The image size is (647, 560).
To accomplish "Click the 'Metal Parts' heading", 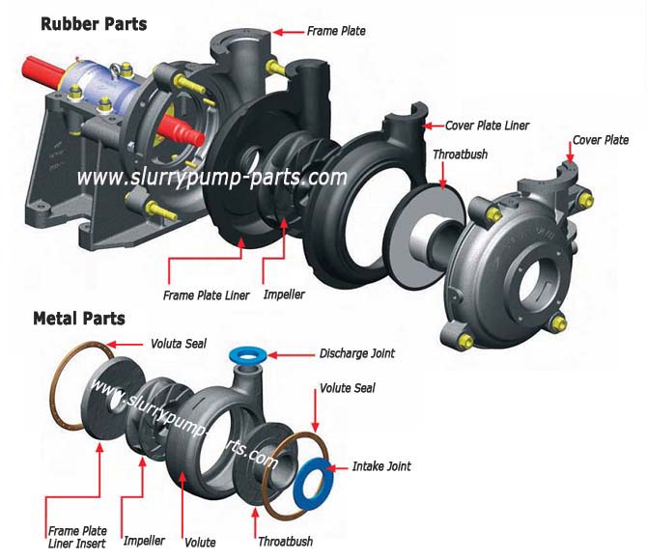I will coord(78,318).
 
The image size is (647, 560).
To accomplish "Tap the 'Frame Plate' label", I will coord(336,31).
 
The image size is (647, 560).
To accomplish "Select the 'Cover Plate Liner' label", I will coord(487,126).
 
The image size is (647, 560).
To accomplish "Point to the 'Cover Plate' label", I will coord(601,139).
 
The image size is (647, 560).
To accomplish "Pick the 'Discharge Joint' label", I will coord(357,353).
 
